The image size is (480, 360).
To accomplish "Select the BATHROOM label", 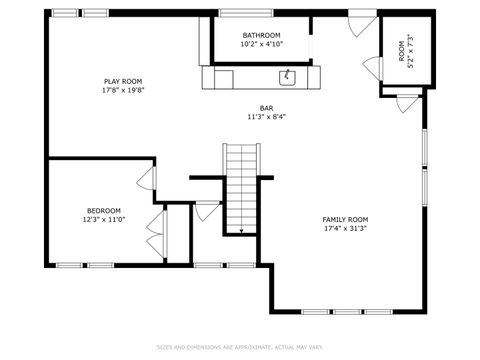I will [x=261, y=36].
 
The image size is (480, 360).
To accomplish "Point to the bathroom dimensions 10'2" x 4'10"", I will [x=261, y=45].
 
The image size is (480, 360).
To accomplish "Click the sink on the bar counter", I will [x=288, y=75].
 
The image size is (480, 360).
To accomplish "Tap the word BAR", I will [x=267, y=107].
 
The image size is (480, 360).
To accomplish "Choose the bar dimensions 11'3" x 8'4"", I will [x=267, y=116].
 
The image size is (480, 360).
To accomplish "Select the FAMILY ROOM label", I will [x=345, y=219].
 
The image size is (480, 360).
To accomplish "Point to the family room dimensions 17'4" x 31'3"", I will [x=345, y=228].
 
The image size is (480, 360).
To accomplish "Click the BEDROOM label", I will [x=103, y=210].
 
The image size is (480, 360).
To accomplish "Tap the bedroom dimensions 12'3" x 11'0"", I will [x=103, y=219].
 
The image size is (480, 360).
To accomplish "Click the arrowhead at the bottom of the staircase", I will [x=241, y=230].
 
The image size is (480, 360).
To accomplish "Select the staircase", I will [x=241, y=185].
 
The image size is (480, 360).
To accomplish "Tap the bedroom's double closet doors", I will [x=151, y=236].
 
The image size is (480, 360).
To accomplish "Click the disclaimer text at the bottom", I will [x=240, y=348].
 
